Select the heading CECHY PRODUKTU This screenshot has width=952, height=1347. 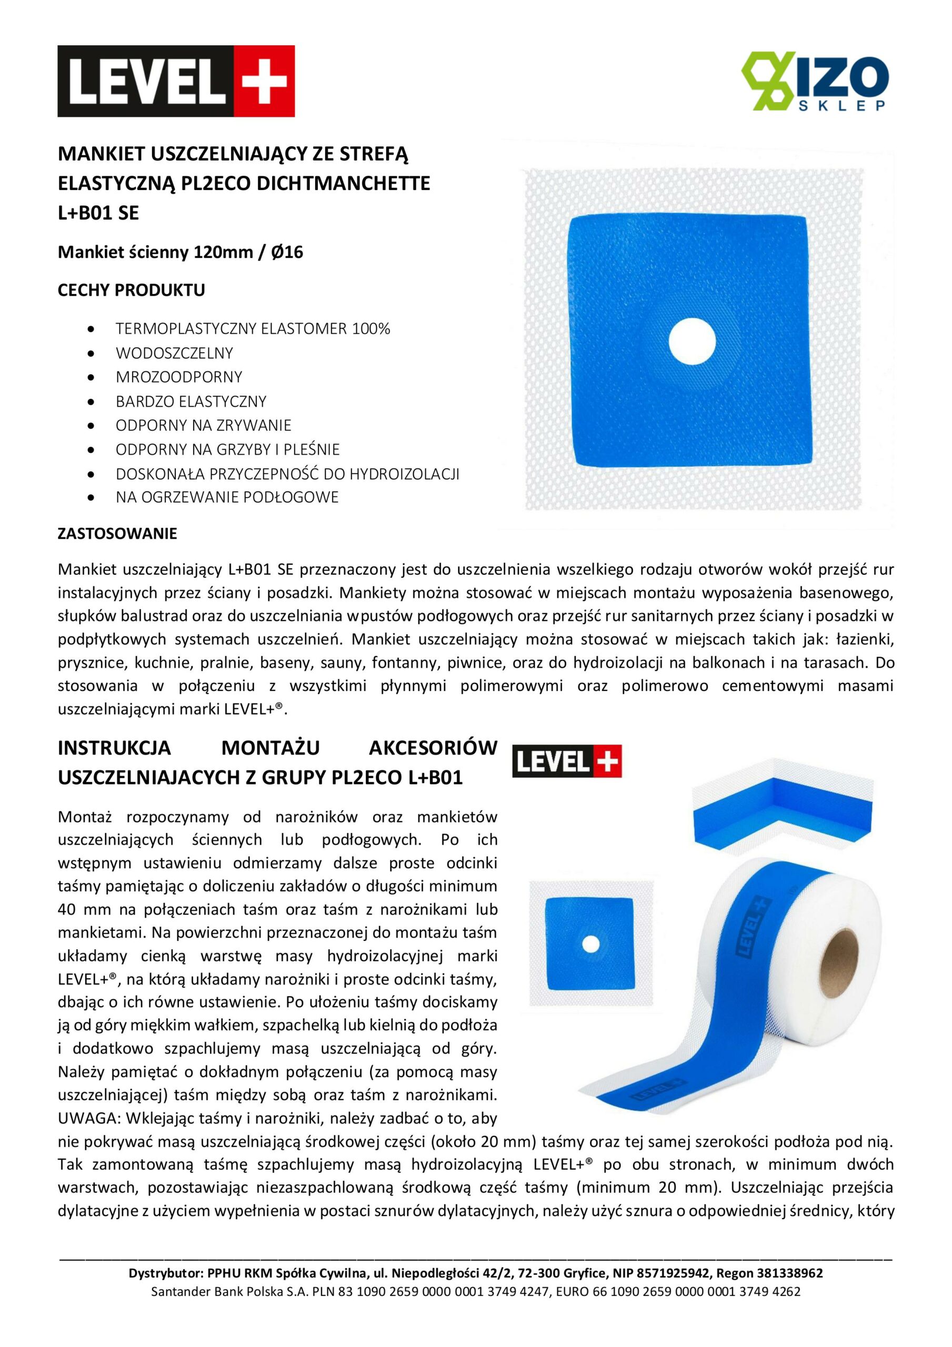[x=131, y=290]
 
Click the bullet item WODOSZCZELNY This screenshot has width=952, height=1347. [x=174, y=353]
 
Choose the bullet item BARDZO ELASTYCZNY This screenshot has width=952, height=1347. [x=191, y=401]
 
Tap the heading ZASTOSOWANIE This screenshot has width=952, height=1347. [x=117, y=534]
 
